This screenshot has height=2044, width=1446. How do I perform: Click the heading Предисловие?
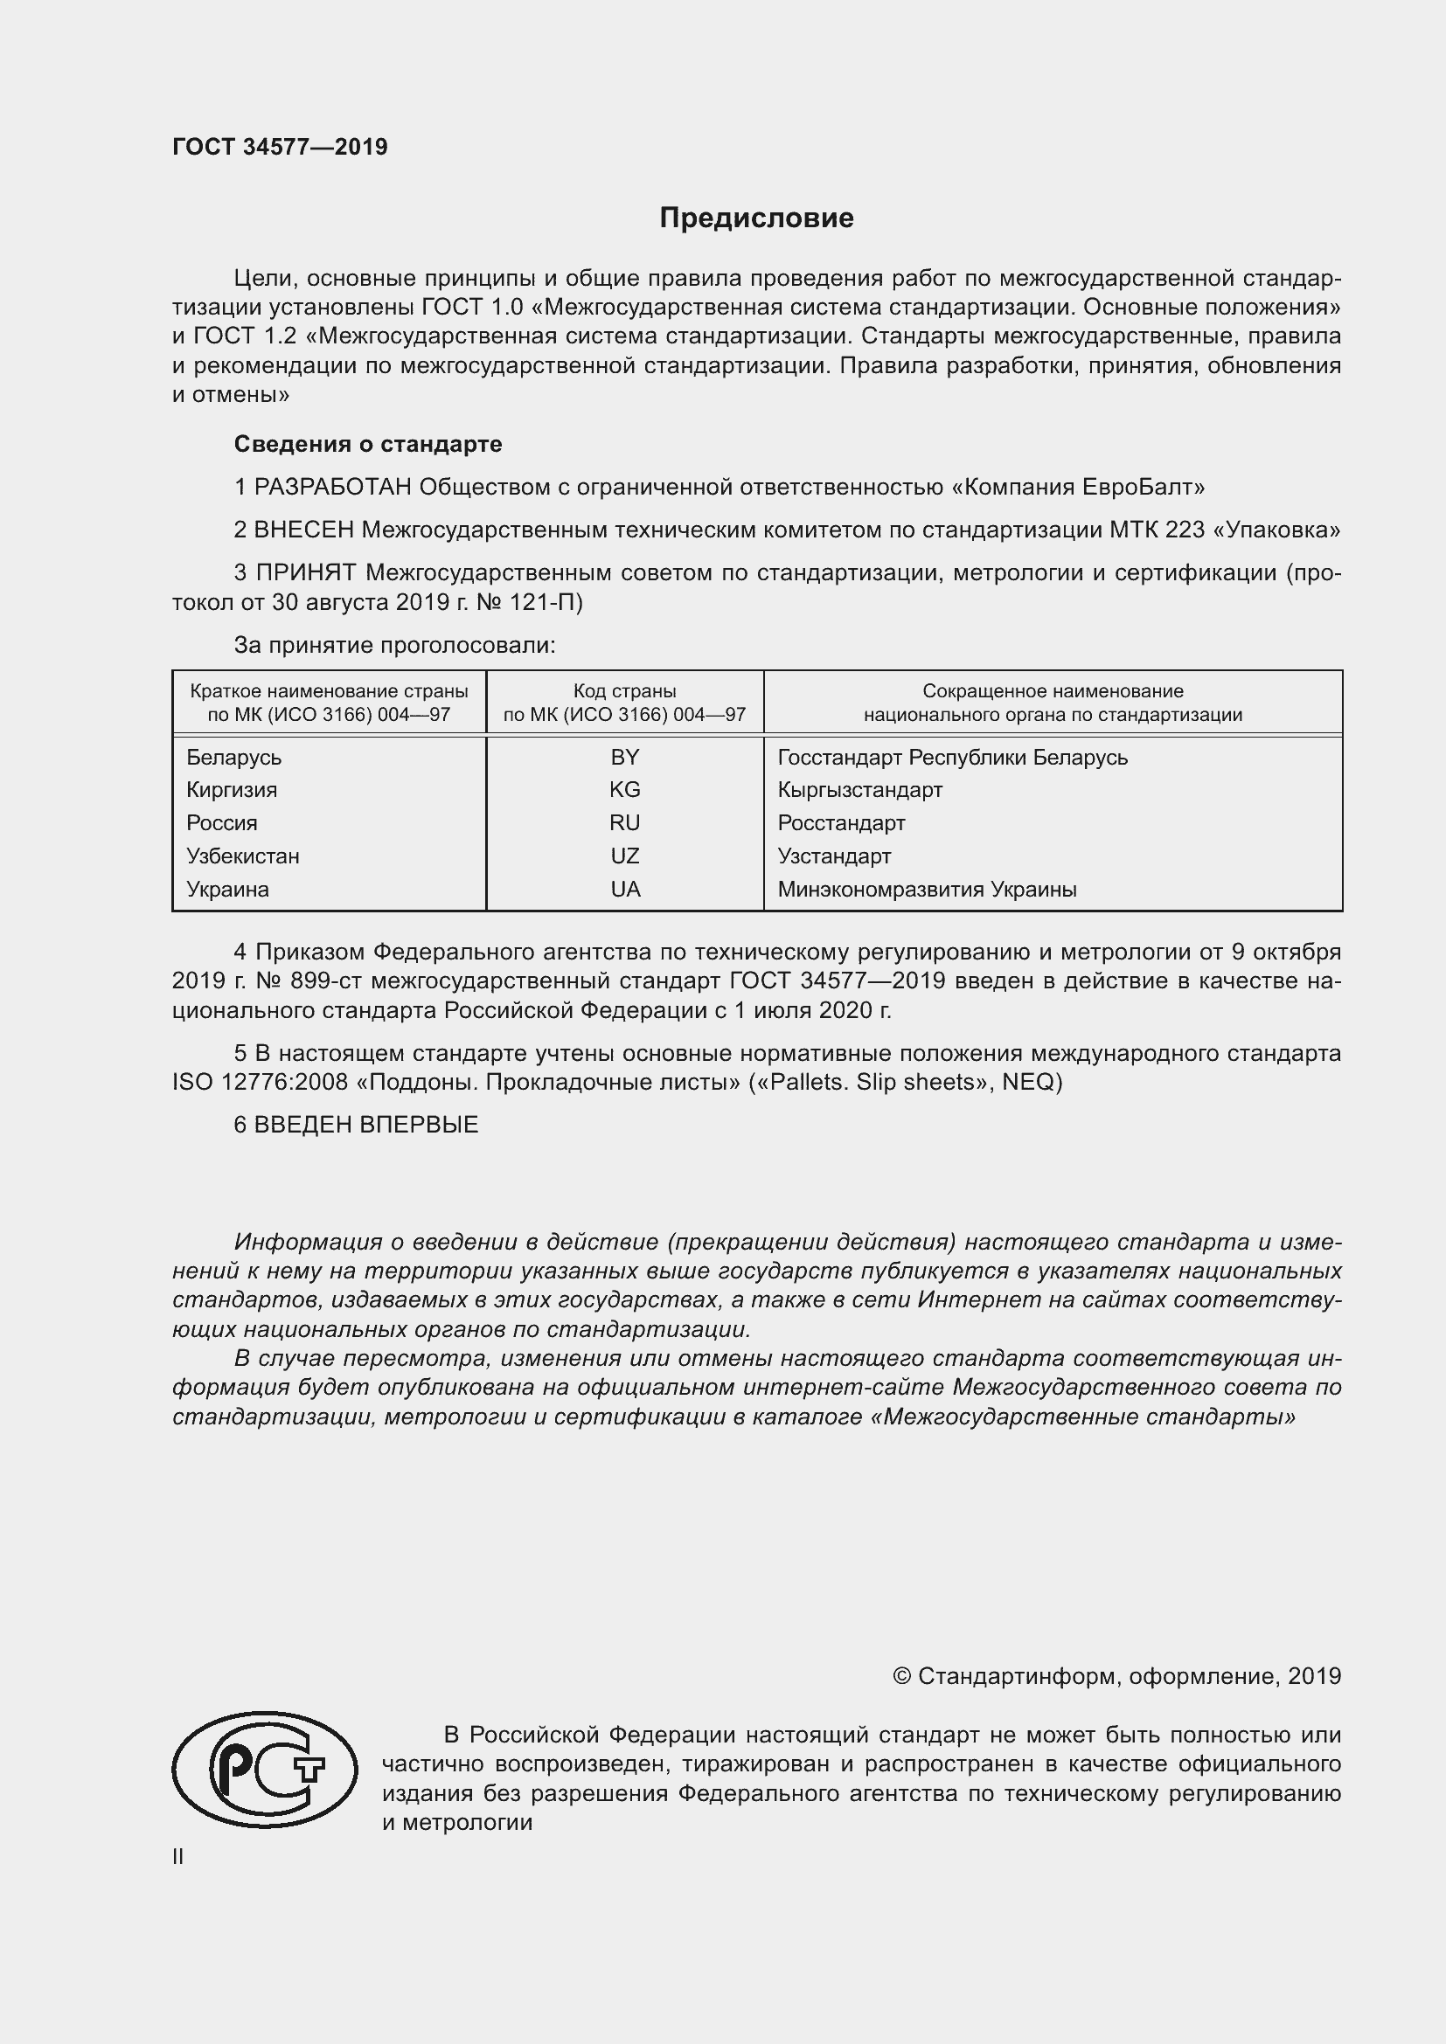coord(756,218)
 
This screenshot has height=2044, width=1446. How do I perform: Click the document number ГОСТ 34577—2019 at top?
coord(280,147)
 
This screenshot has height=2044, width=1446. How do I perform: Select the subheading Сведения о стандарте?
coord(368,443)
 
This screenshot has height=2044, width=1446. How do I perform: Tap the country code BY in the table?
coord(624,757)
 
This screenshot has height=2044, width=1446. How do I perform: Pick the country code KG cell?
coord(624,790)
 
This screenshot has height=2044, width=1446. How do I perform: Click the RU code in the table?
coord(624,822)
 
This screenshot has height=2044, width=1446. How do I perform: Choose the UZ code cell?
coord(624,856)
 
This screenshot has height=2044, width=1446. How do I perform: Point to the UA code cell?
coord(624,889)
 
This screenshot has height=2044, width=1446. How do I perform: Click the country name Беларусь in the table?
coord(233,757)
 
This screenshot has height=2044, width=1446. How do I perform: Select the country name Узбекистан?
coord(242,856)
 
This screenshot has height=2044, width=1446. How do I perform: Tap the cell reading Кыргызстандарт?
coord(859,790)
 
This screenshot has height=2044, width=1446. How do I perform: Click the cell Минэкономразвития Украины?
coord(926,889)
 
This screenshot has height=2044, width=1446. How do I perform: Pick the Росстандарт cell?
coord(840,822)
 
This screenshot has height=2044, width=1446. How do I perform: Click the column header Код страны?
coord(624,691)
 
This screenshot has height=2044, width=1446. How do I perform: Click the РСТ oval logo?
coord(263,1770)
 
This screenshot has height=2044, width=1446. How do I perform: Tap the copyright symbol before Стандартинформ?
coord(901,1676)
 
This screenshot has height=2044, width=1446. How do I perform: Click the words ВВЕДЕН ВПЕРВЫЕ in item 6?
coord(366,1125)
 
